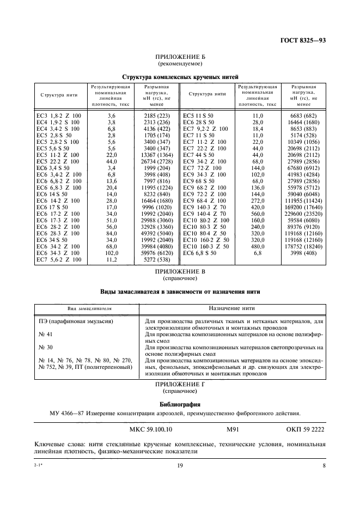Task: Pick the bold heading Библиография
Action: click(180, 405)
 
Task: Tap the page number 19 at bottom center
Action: click(180, 465)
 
